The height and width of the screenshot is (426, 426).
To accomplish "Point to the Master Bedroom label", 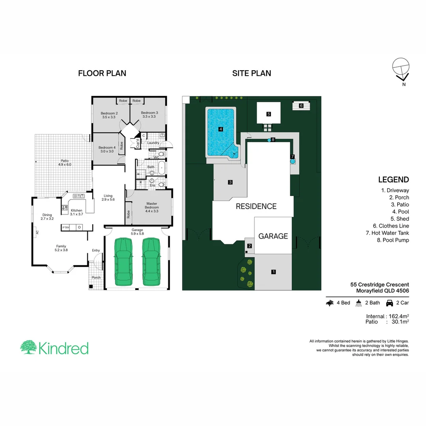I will [152, 206].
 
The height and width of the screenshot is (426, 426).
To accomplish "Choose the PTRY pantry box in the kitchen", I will [66, 227].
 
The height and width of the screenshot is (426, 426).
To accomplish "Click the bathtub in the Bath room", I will [161, 170].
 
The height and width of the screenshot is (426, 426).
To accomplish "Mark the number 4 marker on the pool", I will [221, 129].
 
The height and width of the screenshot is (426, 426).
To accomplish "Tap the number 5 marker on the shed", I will [269, 114].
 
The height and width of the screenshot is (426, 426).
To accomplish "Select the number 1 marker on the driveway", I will [273, 271].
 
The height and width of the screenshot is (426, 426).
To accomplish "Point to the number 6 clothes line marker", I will [301, 106].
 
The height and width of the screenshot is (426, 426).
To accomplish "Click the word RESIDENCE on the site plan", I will [256, 206].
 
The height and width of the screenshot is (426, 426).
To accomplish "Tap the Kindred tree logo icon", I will [28, 348].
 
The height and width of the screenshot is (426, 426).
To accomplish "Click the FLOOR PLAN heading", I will [102, 73].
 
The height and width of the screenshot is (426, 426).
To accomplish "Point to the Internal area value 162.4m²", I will [398, 316].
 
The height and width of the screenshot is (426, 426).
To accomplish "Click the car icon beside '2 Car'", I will [389, 303].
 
